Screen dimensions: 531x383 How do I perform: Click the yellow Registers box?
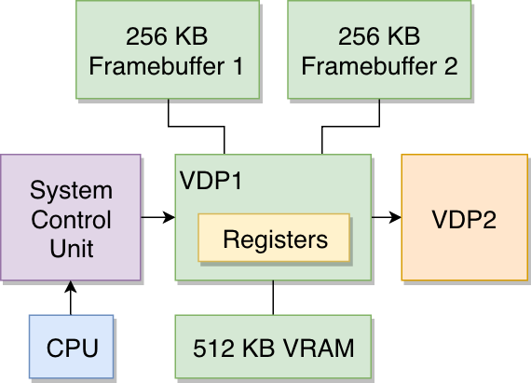click(x=274, y=238)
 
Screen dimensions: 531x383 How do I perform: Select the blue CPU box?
click(x=71, y=347)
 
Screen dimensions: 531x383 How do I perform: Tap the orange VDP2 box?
click(x=465, y=217)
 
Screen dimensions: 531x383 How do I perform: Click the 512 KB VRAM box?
click(x=273, y=347)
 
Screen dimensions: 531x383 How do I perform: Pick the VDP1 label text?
click(x=211, y=180)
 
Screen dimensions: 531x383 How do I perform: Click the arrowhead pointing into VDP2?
click(x=396, y=217)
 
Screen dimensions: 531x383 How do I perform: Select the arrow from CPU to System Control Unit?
click(x=71, y=298)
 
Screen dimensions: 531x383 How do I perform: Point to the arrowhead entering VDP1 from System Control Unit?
click(x=169, y=217)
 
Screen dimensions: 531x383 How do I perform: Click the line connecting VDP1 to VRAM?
click(x=273, y=298)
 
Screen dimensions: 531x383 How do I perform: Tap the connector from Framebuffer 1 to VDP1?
click(x=197, y=127)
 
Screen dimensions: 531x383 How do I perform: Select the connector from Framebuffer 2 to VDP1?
click(x=350, y=127)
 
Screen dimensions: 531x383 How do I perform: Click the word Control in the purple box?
click(x=71, y=220)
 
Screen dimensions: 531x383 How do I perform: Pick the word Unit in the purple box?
click(x=72, y=249)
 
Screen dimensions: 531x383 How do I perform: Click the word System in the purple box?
click(x=71, y=191)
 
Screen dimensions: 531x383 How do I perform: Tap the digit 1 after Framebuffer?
click(x=238, y=65)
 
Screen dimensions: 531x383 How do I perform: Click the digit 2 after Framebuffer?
click(x=451, y=65)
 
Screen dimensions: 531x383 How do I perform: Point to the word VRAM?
click(x=319, y=348)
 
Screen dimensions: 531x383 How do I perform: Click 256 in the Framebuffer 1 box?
click(x=146, y=36)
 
